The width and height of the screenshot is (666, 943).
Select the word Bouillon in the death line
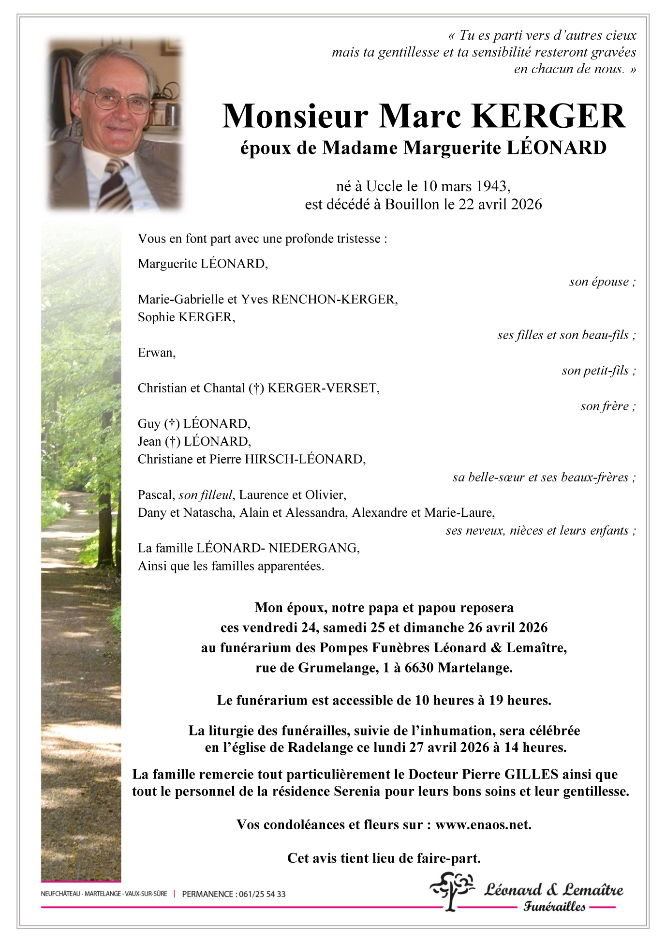point(412,204)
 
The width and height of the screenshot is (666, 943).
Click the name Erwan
point(155,353)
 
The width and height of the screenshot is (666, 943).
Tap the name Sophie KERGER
point(186,317)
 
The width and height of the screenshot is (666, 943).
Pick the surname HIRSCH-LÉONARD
point(305,459)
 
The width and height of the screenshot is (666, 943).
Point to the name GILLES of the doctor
point(531,775)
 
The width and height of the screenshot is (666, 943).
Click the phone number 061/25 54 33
point(262,894)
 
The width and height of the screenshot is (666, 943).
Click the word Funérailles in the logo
point(554,907)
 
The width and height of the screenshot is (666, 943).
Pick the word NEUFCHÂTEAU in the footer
point(60,894)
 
